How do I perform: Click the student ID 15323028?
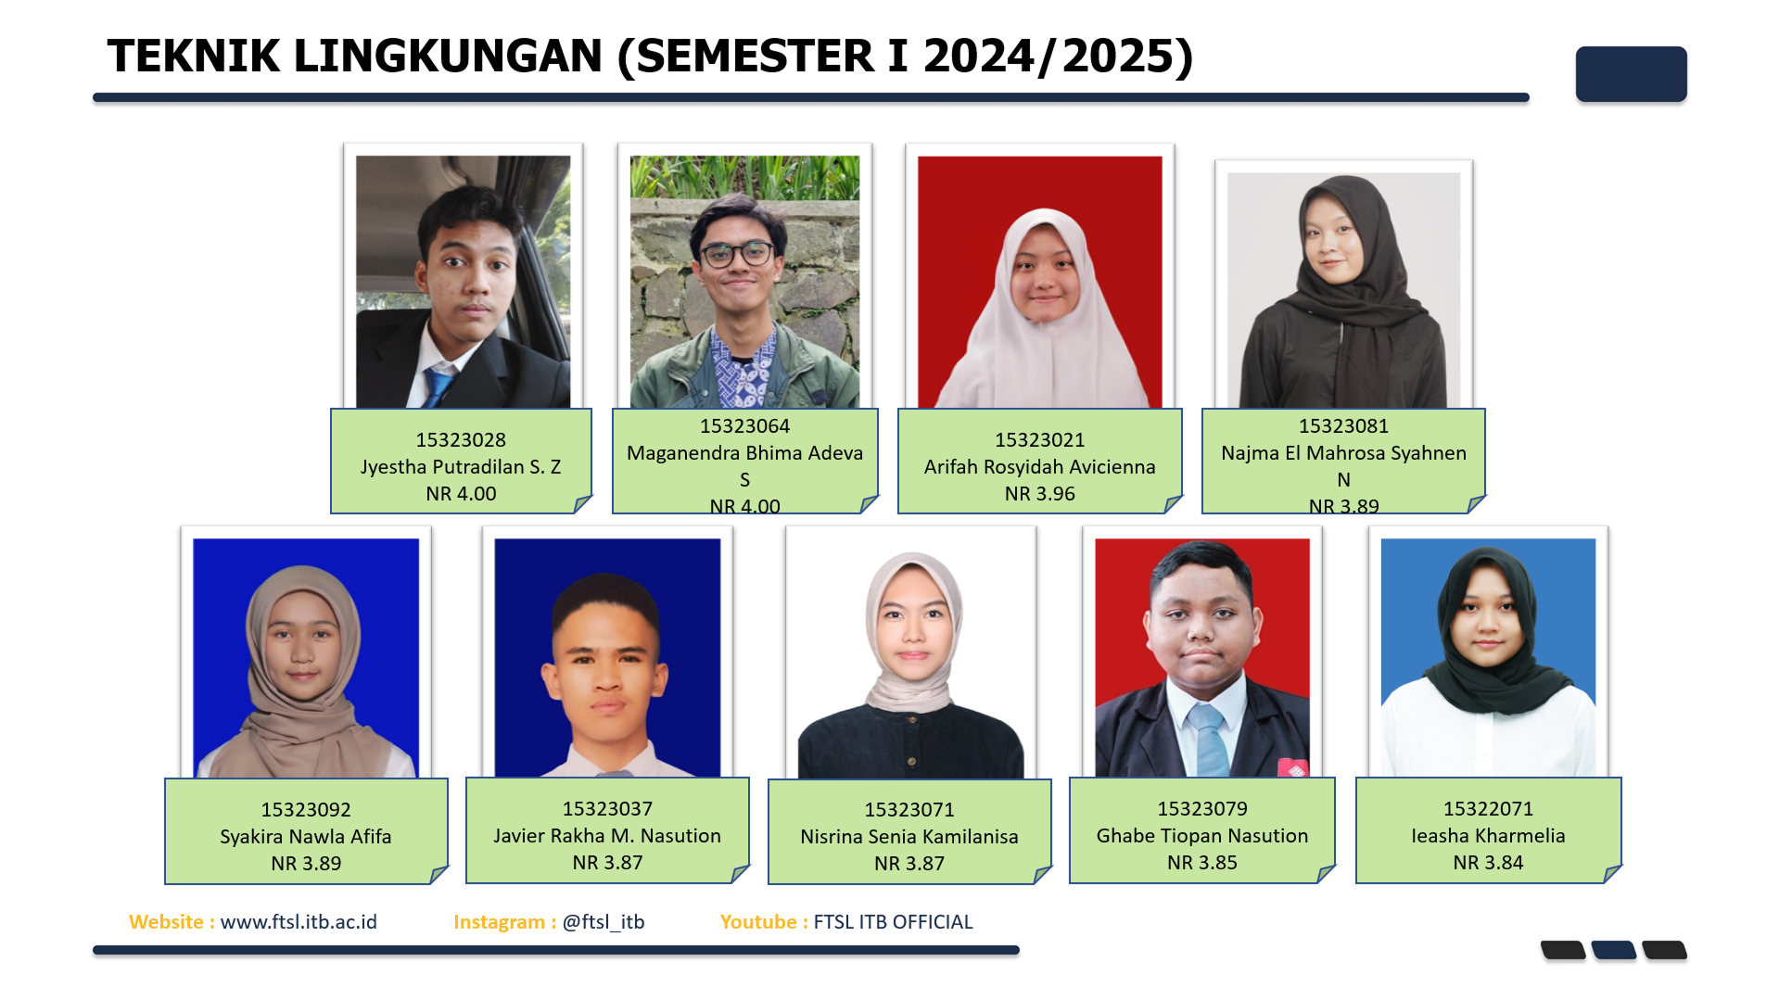click(461, 439)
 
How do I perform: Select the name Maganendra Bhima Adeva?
click(744, 453)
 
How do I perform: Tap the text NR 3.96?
click(1039, 494)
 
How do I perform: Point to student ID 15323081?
click(1343, 426)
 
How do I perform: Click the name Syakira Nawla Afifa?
click(306, 837)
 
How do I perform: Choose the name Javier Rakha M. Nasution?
click(607, 836)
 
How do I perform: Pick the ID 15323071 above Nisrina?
click(909, 810)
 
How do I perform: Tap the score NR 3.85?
click(1202, 863)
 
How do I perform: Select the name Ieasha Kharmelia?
click(1488, 836)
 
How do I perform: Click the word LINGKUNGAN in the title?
click(448, 57)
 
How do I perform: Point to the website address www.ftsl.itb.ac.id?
click(299, 922)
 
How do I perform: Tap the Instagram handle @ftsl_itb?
click(604, 922)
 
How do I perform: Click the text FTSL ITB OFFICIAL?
click(893, 922)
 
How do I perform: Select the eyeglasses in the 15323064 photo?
click(738, 254)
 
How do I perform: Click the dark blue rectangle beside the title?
click(1631, 74)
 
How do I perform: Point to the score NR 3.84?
click(1488, 863)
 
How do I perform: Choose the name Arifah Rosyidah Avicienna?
click(1039, 467)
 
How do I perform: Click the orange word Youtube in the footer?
click(758, 922)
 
